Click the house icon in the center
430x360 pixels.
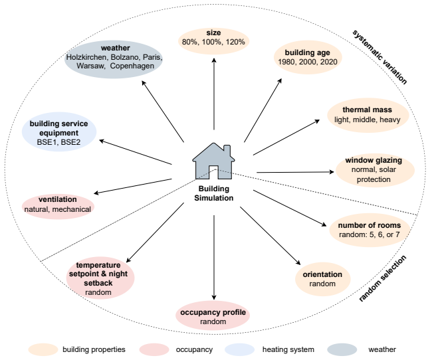213,161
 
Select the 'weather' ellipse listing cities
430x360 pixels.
114,59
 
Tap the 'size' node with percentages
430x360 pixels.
213,41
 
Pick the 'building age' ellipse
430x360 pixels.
308,57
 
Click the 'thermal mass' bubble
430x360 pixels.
368,115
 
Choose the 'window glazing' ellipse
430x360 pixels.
375,170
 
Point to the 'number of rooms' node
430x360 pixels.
370,230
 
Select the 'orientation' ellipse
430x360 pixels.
323,279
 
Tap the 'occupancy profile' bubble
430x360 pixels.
213,315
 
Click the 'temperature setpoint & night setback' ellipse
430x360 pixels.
100,278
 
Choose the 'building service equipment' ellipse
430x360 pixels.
59,132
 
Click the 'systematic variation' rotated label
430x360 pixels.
379,57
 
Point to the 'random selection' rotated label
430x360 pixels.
382,278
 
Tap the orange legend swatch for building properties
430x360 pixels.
43,349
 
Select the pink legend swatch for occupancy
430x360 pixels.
154,349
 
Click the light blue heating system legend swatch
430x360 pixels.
240,349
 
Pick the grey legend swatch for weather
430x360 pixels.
342,349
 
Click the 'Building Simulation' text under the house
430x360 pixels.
213,193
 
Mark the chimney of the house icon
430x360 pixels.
227,150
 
